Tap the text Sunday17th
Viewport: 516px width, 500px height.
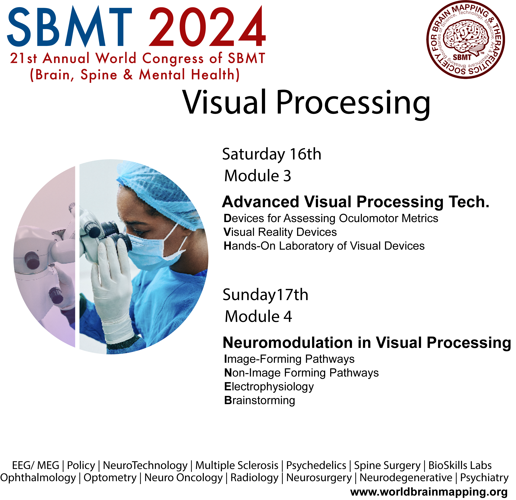pyautogui.click(x=265, y=295)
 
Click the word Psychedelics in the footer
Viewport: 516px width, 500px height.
pyautogui.click(x=316, y=466)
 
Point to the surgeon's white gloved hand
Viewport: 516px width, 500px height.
pyautogui.click(x=112, y=290)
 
